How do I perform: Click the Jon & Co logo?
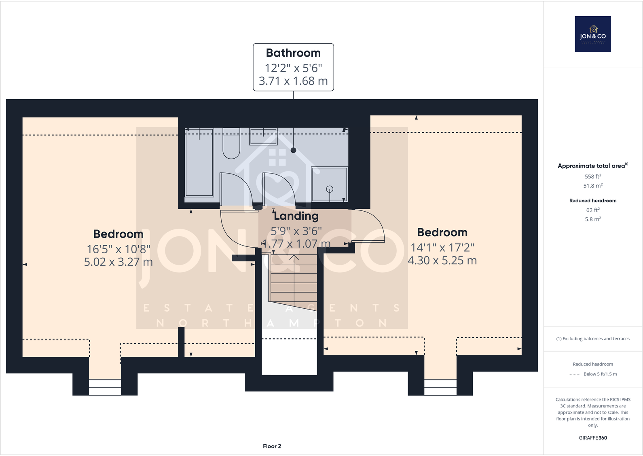pyautogui.click(x=593, y=34)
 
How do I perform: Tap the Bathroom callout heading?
pyautogui.click(x=293, y=53)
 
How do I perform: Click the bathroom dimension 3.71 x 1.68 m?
pyautogui.click(x=293, y=81)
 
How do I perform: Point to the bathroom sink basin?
pyautogui.click(x=263, y=136)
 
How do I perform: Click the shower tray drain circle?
pyautogui.click(x=330, y=189)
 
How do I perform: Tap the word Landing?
pyautogui.click(x=296, y=216)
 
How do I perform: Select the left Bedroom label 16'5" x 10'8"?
pyautogui.click(x=118, y=249)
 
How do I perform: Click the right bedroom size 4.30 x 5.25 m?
pyautogui.click(x=442, y=261)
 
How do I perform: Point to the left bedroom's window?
pyautogui.click(x=105, y=387)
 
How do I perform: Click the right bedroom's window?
pyautogui.click(x=440, y=387)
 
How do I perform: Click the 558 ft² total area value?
pyautogui.click(x=593, y=176)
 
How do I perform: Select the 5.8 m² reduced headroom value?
pyautogui.click(x=593, y=219)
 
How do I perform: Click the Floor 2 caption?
pyautogui.click(x=272, y=446)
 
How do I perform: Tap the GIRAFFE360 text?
pyautogui.click(x=593, y=438)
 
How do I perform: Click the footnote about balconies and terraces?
pyautogui.click(x=593, y=339)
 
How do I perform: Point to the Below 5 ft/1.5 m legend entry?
pyautogui.click(x=600, y=374)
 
